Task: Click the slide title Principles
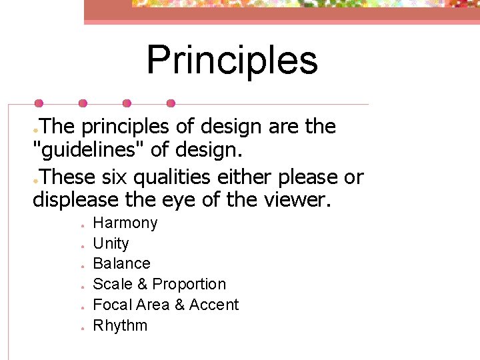click(232, 59)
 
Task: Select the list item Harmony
click(125, 223)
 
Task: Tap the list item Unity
click(111, 243)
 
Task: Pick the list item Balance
click(121, 263)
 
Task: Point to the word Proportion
click(189, 284)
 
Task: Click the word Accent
click(214, 305)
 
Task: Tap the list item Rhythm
click(120, 325)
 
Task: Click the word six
click(119, 177)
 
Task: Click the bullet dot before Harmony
click(79, 225)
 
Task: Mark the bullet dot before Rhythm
click(79, 327)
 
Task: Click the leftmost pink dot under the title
click(39, 103)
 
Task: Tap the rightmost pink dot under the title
click(171, 103)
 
